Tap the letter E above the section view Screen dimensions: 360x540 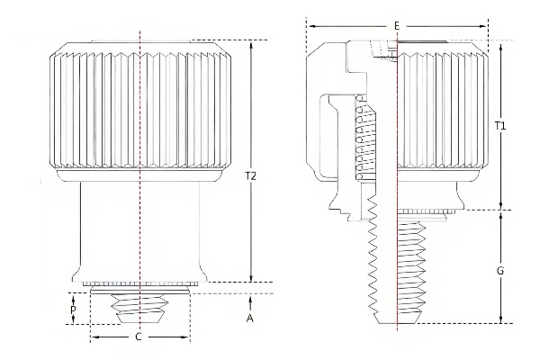[396, 26]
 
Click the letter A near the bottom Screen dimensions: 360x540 [249, 317]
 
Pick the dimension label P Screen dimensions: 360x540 [74, 309]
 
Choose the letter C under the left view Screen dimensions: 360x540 [138, 337]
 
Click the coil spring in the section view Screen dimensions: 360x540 [364, 139]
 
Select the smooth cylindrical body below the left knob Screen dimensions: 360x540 [140, 229]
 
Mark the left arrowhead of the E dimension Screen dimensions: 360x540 [310, 26]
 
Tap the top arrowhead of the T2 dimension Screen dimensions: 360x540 [250, 44]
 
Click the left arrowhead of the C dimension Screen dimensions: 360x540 [94, 337]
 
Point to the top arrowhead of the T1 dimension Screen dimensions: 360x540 [501, 44]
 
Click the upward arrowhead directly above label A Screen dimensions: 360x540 [250, 298]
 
